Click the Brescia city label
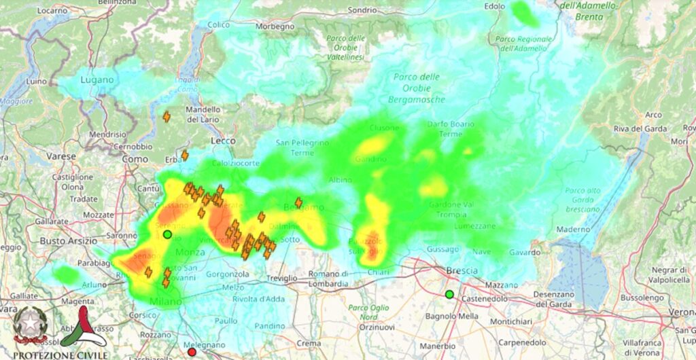coord(462,271)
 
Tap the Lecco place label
coord(223,141)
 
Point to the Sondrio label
coord(362,10)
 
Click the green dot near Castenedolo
coord(449,294)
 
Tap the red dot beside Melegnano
coord(192,352)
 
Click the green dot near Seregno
coord(167,234)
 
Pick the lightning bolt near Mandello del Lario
coord(167,117)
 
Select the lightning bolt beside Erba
coord(184,156)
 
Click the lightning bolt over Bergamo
coord(298,202)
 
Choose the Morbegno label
coord(275,26)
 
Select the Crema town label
coord(308,344)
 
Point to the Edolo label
coord(494,6)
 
